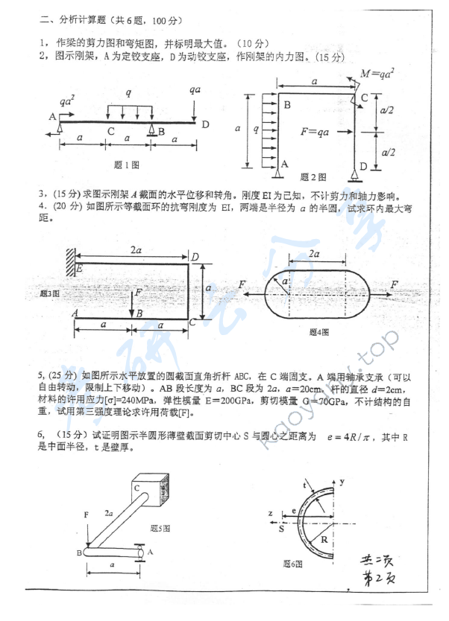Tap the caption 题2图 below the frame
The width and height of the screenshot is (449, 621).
click(x=313, y=177)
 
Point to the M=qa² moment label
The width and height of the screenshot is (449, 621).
click(x=377, y=74)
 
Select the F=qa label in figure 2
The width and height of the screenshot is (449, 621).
click(x=315, y=133)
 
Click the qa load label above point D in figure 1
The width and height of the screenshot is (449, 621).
click(x=195, y=89)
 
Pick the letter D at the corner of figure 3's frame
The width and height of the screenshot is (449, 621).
click(x=195, y=258)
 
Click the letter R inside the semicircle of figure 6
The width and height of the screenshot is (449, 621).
click(x=326, y=538)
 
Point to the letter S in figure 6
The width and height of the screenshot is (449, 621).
click(x=281, y=532)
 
